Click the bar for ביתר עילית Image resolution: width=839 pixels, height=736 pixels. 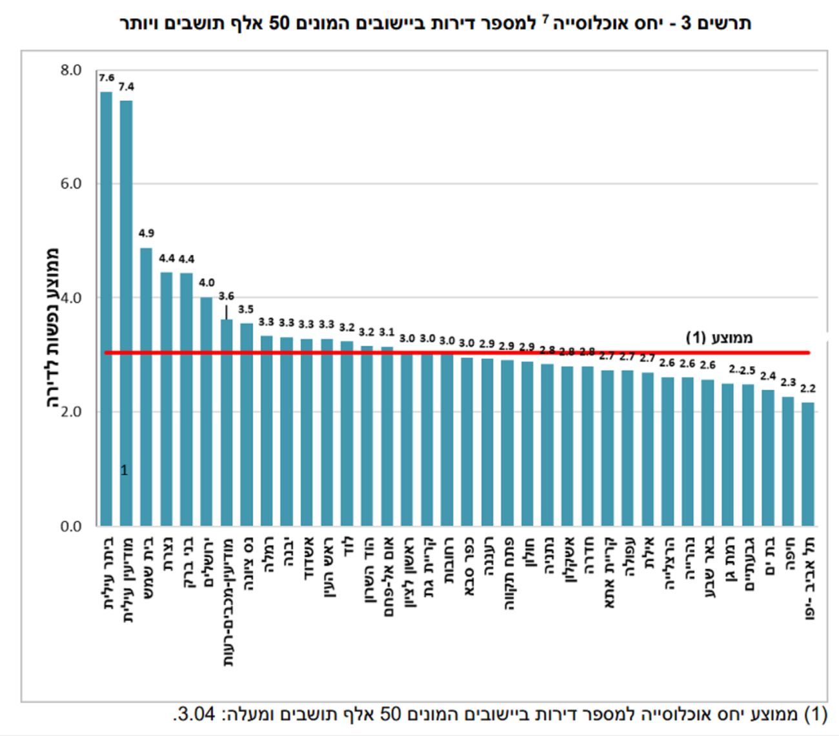(106, 310)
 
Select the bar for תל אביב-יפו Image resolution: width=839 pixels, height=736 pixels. (808, 465)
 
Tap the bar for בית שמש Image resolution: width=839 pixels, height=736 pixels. (147, 387)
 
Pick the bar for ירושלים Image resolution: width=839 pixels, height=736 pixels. (207, 413)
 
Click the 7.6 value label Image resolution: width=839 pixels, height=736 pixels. (106, 78)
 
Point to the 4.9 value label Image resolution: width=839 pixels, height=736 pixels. (147, 233)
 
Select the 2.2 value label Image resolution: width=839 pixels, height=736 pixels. (808, 389)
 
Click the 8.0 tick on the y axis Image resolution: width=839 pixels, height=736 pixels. (71, 70)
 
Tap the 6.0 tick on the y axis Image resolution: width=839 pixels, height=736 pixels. (71, 184)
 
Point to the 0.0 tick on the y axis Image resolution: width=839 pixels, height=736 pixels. (71, 527)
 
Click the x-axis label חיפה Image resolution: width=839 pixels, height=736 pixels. (789, 555)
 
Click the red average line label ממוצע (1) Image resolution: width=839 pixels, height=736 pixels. (719, 338)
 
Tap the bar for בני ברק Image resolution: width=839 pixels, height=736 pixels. (187, 400)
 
